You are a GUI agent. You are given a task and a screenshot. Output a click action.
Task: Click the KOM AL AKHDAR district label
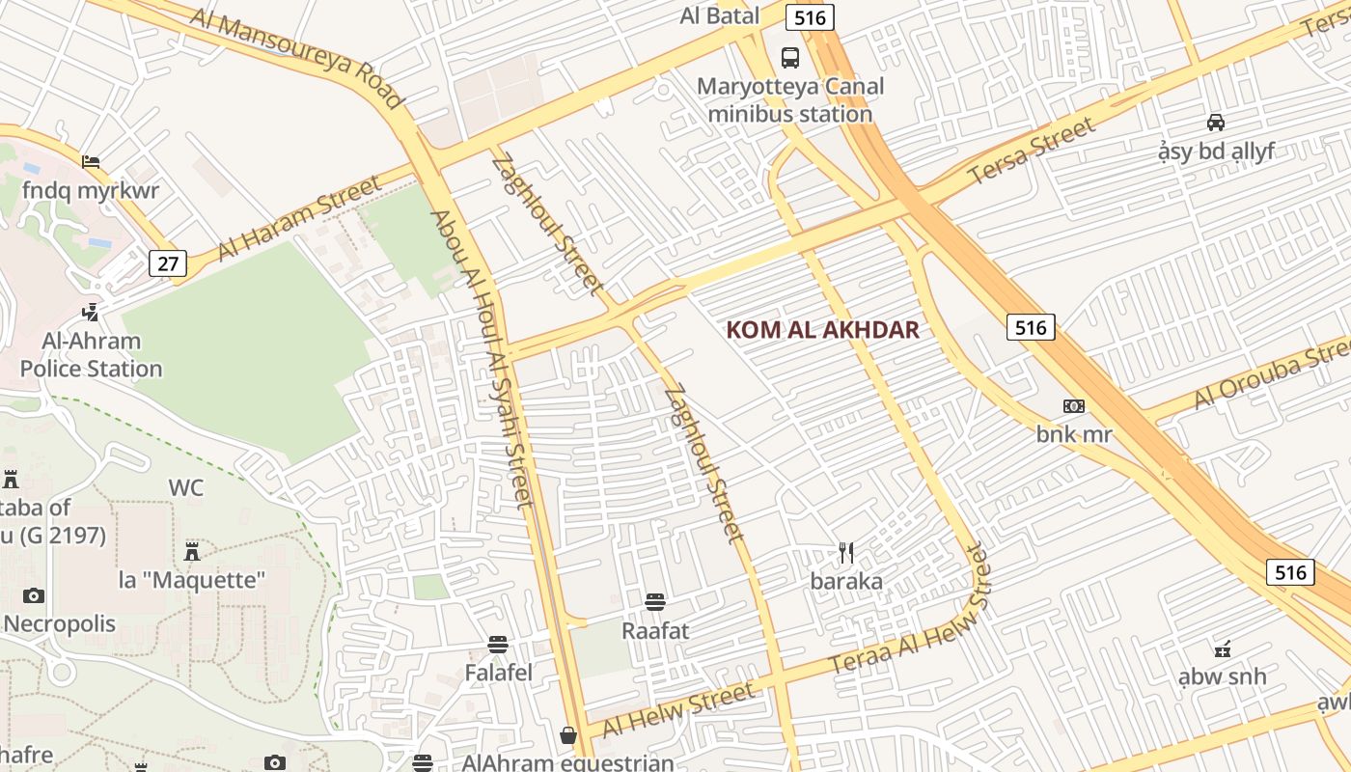point(822,330)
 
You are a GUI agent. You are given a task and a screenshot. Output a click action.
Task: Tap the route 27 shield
point(167,263)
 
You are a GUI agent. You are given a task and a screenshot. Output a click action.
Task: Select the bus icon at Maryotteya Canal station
point(790,57)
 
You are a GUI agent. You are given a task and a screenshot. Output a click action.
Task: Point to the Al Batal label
point(719,15)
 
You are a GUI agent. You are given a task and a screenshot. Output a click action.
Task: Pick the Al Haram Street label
point(299,219)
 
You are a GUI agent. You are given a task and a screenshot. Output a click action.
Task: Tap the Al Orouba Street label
point(1272,375)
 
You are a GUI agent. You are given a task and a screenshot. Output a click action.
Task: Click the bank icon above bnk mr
point(1073,406)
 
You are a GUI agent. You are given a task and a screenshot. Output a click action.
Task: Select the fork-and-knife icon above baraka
point(846,553)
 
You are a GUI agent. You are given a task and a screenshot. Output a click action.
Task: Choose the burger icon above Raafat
point(655,602)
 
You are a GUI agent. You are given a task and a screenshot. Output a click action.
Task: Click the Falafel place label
point(498,673)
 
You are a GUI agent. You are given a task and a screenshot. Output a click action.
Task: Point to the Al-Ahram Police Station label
point(91,355)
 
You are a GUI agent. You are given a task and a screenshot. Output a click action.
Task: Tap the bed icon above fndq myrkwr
point(91,161)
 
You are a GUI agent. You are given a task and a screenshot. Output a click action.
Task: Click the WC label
point(186,487)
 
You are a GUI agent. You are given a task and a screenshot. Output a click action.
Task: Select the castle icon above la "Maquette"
point(192,552)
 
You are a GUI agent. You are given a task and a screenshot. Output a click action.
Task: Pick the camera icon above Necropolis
point(34,595)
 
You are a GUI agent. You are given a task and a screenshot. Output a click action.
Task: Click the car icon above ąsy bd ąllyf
point(1216,123)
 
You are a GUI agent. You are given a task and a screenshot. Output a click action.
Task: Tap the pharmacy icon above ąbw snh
point(1222,648)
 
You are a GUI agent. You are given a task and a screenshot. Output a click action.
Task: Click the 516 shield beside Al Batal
point(809,16)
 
